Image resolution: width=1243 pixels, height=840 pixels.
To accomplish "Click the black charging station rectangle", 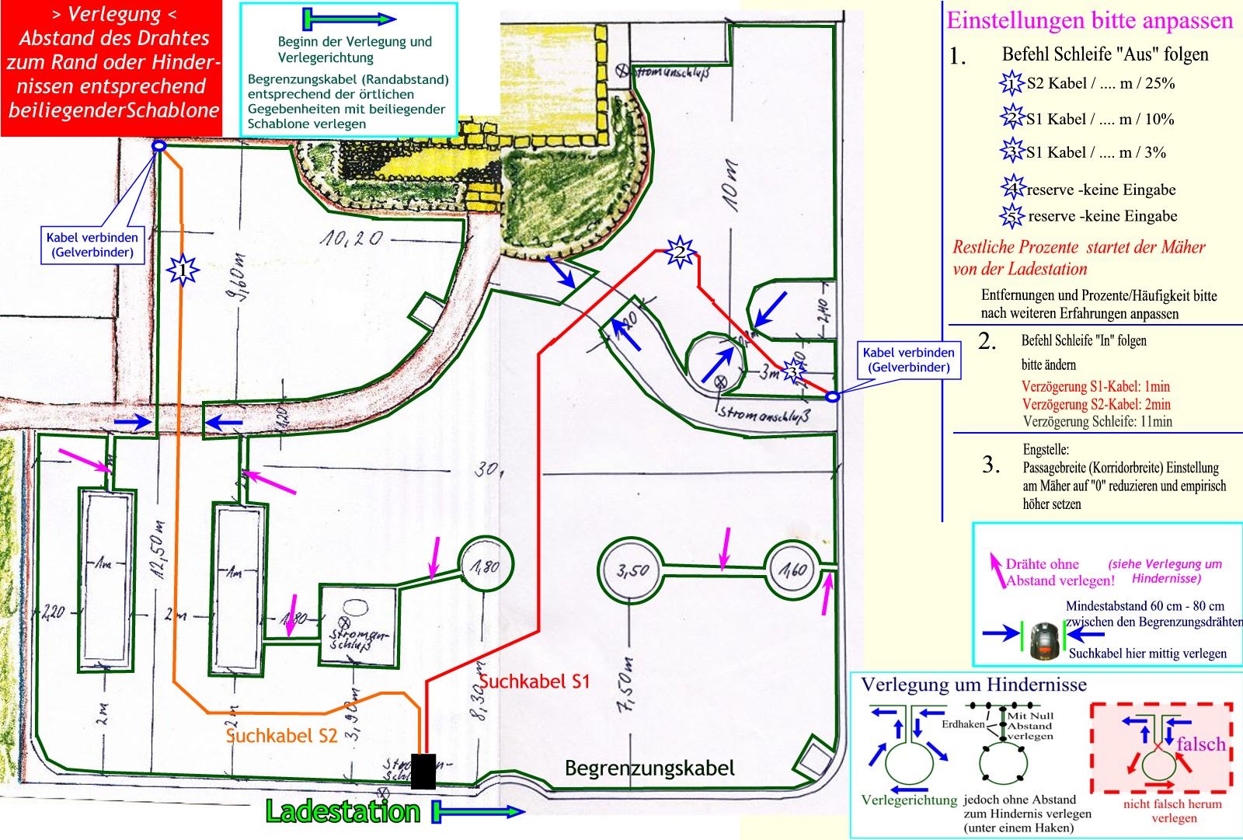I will point(423,771).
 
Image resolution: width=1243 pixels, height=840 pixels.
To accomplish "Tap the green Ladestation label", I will point(343,812).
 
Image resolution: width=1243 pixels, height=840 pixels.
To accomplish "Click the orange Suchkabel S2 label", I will point(281,735).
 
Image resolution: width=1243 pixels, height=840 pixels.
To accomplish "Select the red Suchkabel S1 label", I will point(534,681).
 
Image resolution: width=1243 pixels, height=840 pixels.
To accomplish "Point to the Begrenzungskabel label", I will point(649,769).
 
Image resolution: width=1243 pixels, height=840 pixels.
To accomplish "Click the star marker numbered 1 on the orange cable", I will point(183,270).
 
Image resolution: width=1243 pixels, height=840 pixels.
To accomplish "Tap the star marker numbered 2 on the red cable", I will point(680,252).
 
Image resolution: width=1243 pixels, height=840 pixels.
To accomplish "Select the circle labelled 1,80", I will point(486,565).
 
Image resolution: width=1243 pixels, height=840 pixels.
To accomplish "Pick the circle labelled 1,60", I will point(793,570).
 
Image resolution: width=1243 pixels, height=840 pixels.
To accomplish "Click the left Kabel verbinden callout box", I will point(92,245).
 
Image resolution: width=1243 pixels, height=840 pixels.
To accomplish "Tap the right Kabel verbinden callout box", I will point(909,360).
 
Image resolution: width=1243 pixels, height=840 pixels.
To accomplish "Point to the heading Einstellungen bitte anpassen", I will point(1089,21).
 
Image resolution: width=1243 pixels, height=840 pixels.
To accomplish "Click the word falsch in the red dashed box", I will point(1200,744).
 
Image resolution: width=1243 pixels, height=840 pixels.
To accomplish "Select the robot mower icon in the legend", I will point(1045,640).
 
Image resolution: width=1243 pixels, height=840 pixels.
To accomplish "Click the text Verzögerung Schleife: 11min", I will point(1097,422).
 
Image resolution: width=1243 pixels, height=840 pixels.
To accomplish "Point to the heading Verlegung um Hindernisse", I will point(973,685).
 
